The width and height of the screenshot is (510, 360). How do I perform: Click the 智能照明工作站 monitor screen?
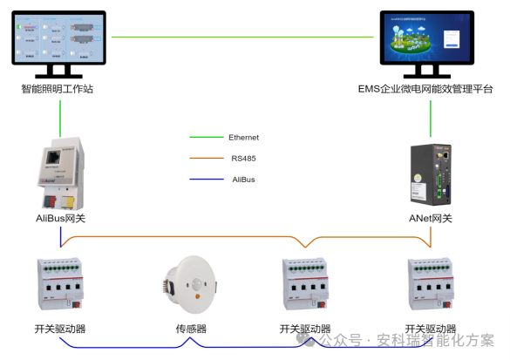click(59, 38)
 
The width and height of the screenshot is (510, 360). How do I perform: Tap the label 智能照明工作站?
click(59, 88)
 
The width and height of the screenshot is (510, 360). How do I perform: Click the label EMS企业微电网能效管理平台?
click(425, 88)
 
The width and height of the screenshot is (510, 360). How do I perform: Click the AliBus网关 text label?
click(60, 218)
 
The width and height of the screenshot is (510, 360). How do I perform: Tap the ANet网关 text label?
click(431, 218)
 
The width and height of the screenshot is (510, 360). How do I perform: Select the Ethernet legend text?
click(244, 138)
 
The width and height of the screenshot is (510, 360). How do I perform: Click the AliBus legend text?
click(242, 180)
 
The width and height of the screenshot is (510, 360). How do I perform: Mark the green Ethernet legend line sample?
click(206, 138)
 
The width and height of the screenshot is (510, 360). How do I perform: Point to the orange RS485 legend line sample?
click(206, 159)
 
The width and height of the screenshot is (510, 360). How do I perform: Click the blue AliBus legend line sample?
click(206, 180)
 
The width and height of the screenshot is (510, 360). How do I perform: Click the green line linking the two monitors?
click(243, 37)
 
